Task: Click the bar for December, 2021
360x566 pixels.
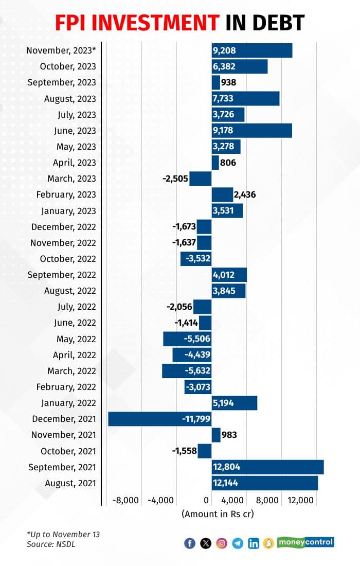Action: (159, 419)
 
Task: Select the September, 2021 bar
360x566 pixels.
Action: (267, 467)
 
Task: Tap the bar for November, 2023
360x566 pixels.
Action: (252, 50)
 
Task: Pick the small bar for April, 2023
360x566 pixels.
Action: (215, 163)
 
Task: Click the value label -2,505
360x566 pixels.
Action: (175, 179)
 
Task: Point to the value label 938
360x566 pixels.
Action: (228, 82)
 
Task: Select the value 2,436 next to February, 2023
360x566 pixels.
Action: (244, 194)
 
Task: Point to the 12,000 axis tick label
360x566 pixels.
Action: (300, 500)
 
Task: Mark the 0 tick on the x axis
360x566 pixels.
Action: (207, 500)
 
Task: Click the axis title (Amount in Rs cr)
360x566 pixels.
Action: (218, 514)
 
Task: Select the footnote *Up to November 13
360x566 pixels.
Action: (63, 534)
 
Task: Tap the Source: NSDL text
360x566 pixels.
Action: (51, 544)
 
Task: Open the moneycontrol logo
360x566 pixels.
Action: (305, 542)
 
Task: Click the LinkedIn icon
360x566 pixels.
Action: (253, 543)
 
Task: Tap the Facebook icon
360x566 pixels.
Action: (190, 543)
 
